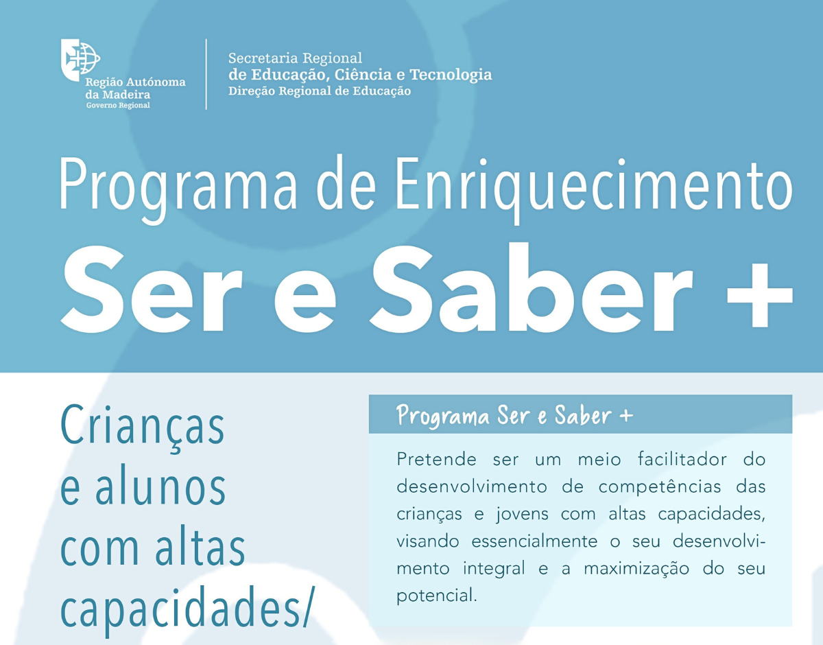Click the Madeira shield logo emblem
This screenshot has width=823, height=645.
click(80, 60)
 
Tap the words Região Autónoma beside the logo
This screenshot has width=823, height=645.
click(135, 82)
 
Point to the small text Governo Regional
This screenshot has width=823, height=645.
click(117, 106)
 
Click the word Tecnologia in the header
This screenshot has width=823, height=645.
click(451, 74)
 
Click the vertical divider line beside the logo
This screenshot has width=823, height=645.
click(206, 74)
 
